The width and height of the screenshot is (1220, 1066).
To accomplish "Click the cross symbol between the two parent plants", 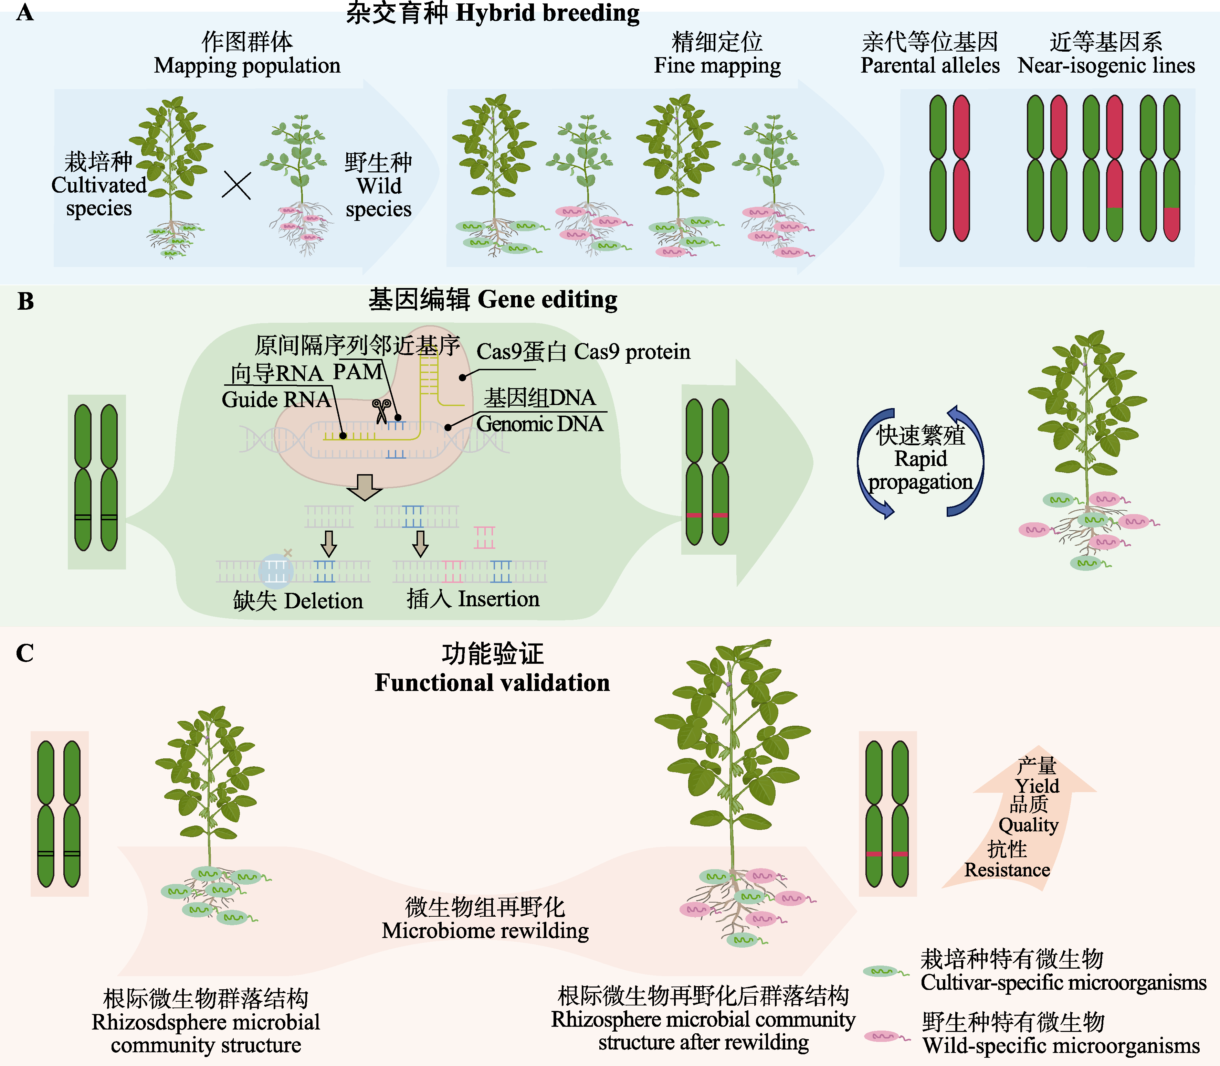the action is tap(236, 185).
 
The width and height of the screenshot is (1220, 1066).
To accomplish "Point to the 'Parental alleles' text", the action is tap(930, 65).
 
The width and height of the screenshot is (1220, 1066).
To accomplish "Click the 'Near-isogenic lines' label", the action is tap(1106, 65).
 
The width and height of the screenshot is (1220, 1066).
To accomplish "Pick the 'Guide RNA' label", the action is tap(276, 399).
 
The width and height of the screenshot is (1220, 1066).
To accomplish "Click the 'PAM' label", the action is tap(358, 372).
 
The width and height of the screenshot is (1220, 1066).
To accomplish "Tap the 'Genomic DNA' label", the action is tap(540, 424).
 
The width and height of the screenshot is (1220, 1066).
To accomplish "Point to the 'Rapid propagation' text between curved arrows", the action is tap(921, 470).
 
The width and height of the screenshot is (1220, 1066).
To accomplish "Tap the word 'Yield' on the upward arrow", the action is tap(1037, 786).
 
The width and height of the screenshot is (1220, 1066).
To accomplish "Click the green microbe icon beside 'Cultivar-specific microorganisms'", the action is tap(885, 971).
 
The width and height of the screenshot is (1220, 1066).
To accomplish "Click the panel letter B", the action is tap(25, 301).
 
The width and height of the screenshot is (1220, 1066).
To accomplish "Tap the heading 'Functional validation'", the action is tap(492, 682).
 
